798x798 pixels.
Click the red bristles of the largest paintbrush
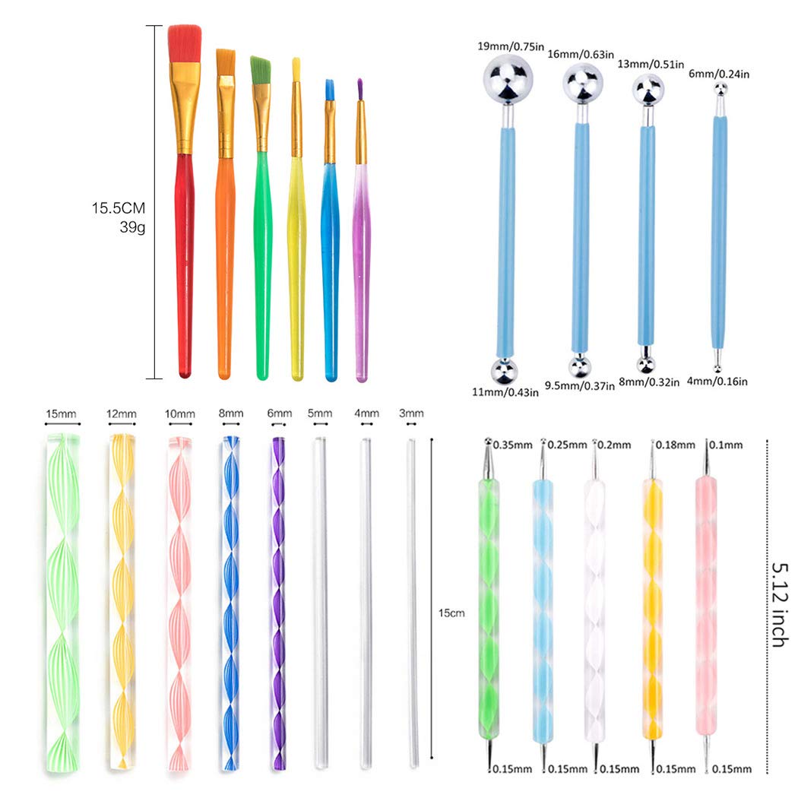pyautogui.click(x=185, y=44)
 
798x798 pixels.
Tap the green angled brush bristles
pyautogui.click(x=260, y=70)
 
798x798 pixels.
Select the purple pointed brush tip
pyautogui.click(x=359, y=90)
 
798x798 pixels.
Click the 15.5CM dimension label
pyautogui.click(x=119, y=208)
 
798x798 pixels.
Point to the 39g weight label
pyautogui.click(x=132, y=227)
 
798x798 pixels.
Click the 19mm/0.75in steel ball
pyautogui.click(x=508, y=79)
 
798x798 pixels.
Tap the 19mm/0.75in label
pyautogui.click(x=511, y=46)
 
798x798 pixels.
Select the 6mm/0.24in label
pyautogui.click(x=719, y=74)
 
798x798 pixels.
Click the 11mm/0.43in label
pyautogui.click(x=505, y=392)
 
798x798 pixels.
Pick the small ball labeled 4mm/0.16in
pyautogui.click(x=717, y=368)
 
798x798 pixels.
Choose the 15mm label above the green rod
pyautogui.click(x=61, y=413)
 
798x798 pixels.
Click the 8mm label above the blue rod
pyautogui.click(x=230, y=413)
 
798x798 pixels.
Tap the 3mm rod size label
pyautogui.click(x=411, y=413)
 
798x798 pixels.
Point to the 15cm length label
pyautogui.click(x=451, y=613)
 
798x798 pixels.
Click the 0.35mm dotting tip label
pyautogui.click(x=512, y=445)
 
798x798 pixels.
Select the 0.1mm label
pyautogui.click(x=726, y=445)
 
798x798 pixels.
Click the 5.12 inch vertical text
pyautogui.click(x=780, y=604)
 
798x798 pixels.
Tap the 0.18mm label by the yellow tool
pyautogui.click(x=676, y=445)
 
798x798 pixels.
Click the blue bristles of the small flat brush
pyautogui.click(x=329, y=90)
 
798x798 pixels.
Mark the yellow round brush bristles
pyautogui.click(x=296, y=70)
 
